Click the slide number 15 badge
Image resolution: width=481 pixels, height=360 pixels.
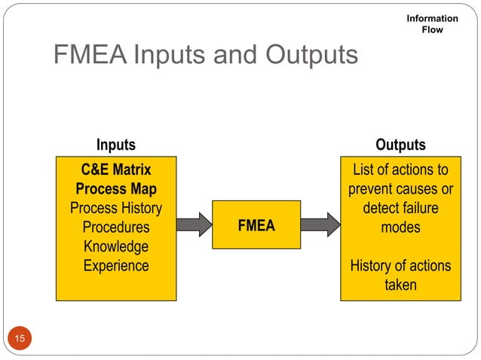[20, 339]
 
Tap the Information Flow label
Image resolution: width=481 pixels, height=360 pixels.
[432, 24]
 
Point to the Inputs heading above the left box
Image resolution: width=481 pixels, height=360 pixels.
[116, 145]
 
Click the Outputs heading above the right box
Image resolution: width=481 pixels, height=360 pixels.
[400, 145]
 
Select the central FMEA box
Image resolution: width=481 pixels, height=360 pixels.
[256, 225]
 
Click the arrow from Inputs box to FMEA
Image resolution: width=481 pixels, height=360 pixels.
[195, 225]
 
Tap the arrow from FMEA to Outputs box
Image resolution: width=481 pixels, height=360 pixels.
[320, 225]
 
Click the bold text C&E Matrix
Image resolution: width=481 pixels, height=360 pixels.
[116, 169]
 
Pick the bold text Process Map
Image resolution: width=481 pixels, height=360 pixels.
[116, 188]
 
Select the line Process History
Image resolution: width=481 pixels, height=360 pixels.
[116, 208]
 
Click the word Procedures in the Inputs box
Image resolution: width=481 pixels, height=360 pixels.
[116, 227]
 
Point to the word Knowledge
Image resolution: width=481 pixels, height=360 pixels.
[116, 247]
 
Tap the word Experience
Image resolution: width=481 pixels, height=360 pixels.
[116, 266]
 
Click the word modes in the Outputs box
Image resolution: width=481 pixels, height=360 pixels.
[400, 227]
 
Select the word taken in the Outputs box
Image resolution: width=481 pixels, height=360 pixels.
[400, 285]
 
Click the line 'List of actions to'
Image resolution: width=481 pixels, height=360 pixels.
[400, 169]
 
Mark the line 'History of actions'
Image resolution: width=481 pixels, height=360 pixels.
[400, 266]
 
